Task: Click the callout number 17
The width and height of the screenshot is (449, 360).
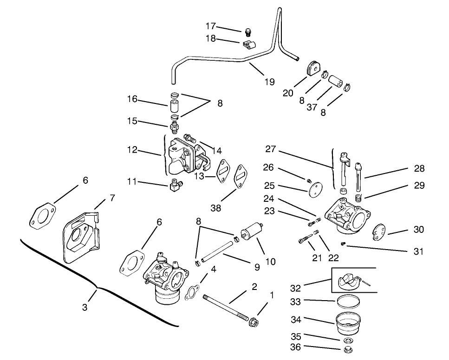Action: point(210,26)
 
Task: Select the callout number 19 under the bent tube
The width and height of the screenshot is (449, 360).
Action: point(270,82)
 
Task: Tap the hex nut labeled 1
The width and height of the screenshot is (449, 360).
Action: point(254,321)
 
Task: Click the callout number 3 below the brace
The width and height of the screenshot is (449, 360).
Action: point(85,307)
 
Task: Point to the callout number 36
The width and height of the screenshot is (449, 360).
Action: point(295,347)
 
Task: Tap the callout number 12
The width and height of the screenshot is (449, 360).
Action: point(133,150)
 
